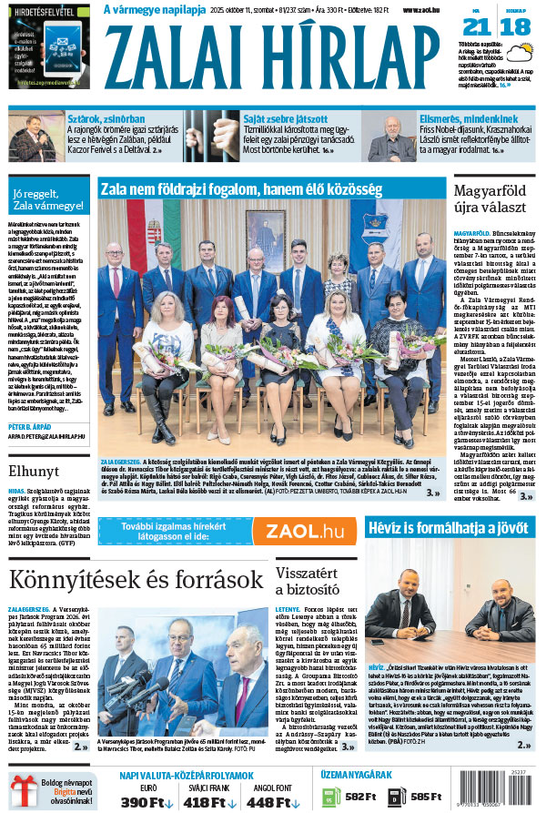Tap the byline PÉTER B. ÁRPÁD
(41, 426)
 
